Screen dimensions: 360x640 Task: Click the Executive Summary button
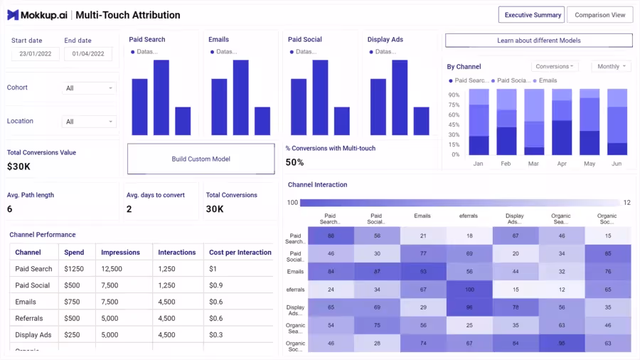(532, 15)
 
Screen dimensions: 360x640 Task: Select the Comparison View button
(599, 15)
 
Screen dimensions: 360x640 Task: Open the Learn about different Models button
(538, 41)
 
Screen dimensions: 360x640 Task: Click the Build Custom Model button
(201, 159)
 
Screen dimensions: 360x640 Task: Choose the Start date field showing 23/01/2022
(36, 54)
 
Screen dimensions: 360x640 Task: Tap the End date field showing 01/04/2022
(88, 54)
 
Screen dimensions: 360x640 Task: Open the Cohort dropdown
(89, 88)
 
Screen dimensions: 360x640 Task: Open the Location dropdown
(89, 122)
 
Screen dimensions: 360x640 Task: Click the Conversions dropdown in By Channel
(554, 66)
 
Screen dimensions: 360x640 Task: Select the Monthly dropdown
(612, 66)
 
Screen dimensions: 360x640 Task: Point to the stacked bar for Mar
(534, 122)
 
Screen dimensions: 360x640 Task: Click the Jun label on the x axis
(617, 164)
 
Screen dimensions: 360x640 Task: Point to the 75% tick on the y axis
(454, 105)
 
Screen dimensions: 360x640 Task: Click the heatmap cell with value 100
(469, 290)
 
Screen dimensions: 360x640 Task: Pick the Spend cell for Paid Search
(74, 269)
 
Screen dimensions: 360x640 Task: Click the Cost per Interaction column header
(240, 253)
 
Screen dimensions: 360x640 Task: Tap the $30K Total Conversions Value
(19, 166)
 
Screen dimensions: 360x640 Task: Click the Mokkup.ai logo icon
(13, 15)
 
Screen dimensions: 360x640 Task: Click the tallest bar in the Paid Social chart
(320, 97)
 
